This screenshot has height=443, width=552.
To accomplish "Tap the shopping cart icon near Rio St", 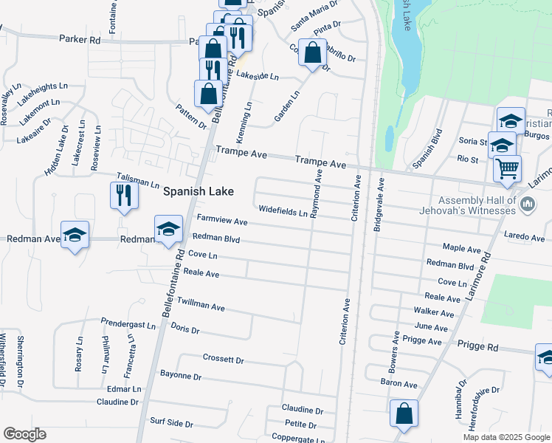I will [x=507, y=168].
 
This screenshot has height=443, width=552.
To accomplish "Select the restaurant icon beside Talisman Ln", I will [x=123, y=196].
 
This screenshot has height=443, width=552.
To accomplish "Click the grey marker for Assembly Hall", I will [x=528, y=202].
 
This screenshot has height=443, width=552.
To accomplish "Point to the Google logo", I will [x=24, y=434].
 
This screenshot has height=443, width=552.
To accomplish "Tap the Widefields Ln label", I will [x=282, y=213].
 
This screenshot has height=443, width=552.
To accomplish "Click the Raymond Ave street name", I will [x=317, y=193].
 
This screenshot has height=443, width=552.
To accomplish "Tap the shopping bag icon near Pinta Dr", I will [x=312, y=53].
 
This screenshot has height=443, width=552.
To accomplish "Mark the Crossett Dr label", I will [x=223, y=360].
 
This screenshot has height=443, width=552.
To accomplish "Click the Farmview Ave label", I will [x=222, y=221].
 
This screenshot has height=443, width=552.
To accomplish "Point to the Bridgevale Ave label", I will [x=379, y=205].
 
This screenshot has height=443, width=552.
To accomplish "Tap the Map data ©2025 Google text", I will [x=506, y=437].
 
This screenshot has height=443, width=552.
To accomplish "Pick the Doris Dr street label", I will [x=184, y=329].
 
